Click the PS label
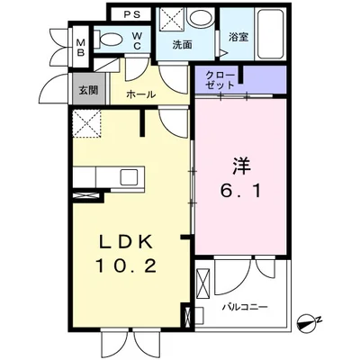[x=132, y=15]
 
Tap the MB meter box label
[x=80, y=48]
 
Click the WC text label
[x=137, y=40]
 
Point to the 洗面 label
[x=182, y=45]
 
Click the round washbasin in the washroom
[x=200, y=18]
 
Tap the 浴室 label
[x=238, y=37]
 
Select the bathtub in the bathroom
[x=270, y=33]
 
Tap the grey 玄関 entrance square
[x=88, y=89]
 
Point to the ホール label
[x=141, y=94]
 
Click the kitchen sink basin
[x=129, y=176]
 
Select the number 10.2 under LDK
[x=126, y=265]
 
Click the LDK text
[x=126, y=241]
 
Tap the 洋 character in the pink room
[x=241, y=166]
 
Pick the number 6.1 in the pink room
[x=241, y=191]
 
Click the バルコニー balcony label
[x=245, y=307]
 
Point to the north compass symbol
[x=309, y=322]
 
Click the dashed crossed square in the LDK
[x=87, y=123]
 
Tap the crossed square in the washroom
[x=171, y=18]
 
